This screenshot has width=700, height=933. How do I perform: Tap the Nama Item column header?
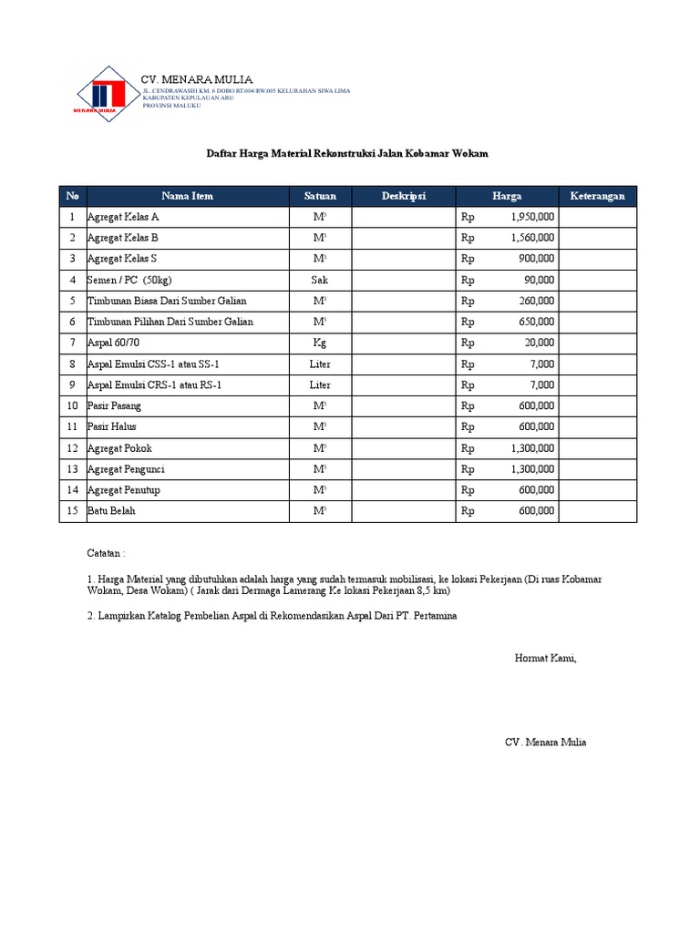[x=187, y=196]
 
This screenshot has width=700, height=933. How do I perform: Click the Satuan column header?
[x=320, y=196]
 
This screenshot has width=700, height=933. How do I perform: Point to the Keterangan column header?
[x=597, y=196]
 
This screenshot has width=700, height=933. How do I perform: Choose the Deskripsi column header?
[x=403, y=196]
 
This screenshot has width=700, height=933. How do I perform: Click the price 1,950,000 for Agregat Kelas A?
[x=527, y=217]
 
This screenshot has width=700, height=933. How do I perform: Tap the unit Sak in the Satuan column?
[x=320, y=280]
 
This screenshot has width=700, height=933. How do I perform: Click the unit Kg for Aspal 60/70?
[x=320, y=343]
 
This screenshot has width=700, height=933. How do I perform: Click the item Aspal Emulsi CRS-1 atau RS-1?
[x=154, y=385]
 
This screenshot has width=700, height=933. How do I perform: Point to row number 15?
[x=72, y=511]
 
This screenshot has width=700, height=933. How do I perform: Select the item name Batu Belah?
[x=111, y=511]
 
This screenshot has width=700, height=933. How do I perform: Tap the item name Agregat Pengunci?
[x=126, y=469]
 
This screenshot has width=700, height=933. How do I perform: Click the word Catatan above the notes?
[x=106, y=553]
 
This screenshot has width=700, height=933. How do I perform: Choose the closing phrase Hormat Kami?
[x=546, y=658]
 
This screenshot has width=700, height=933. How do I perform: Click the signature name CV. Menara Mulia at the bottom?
[x=546, y=743]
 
